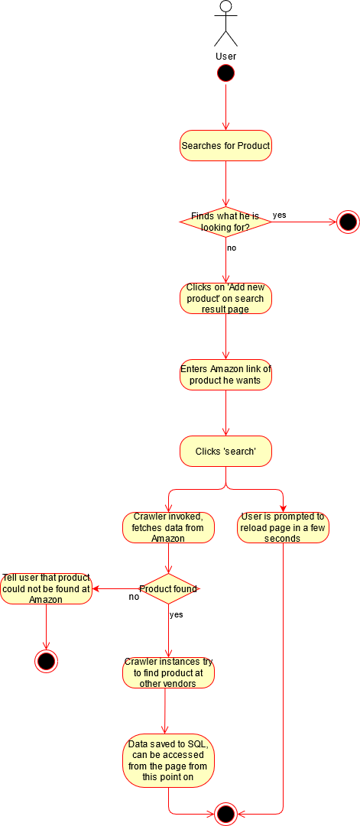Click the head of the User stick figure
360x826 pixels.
pyautogui.click(x=225, y=6)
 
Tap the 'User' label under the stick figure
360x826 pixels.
pyautogui.click(x=225, y=56)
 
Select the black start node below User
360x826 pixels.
pyautogui.click(x=225, y=74)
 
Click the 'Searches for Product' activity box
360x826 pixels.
pyautogui.click(x=225, y=146)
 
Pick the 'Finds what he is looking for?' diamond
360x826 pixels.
pyautogui.click(x=225, y=222)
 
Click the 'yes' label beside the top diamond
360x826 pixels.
pyautogui.click(x=279, y=215)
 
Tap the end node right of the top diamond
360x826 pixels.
pyautogui.click(x=348, y=222)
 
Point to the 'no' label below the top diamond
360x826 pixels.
pyautogui.click(x=232, y=248)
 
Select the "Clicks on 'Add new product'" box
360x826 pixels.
pyautogui.click(x=225, y=299)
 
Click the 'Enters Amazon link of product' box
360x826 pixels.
pyautogui.click(x=225, y=374)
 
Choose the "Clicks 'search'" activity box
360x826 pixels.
pyautogui.click(x=225, y=451)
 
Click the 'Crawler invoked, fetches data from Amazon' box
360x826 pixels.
pyautogui.click(x=168, y=527)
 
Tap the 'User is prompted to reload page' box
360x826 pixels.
pyautogui.click(x=283, y=527)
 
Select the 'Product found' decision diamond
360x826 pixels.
pyautogui.click(x=168, y=588)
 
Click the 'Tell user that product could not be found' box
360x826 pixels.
pyautogui.click(x=47, y=588)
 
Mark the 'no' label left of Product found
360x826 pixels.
pyautogui.click(x=135, y=598)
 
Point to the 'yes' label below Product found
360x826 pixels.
pyautogui.click(x=176, y=614)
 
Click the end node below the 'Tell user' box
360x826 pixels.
pyautogui.click(x=46, y=661)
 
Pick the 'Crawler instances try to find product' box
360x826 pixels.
pyautogui.click(x=168, y=672)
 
